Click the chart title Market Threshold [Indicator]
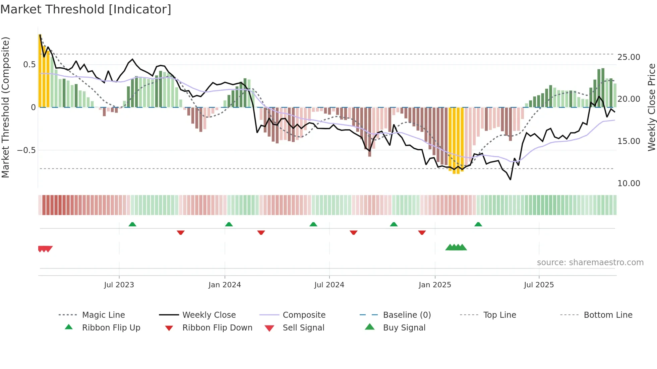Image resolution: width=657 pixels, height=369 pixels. (x=86, y=9)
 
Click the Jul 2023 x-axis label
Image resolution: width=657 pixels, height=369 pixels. (x=119, y=285)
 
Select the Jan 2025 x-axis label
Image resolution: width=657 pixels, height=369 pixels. (x=435, y=285)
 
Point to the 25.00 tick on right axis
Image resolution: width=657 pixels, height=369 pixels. (x=629, y=57)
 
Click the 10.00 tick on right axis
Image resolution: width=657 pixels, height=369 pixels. (x=629, y=183)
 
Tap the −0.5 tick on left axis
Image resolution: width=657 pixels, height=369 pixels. (x=26, y=150)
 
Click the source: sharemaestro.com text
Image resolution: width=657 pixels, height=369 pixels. (x=590, y=263)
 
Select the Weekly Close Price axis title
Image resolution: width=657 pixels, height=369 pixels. (x=651, y=107)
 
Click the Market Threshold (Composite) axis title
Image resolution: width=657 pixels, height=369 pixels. (x=5, y=107)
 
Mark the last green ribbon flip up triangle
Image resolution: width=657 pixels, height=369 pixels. (x=478, y=224)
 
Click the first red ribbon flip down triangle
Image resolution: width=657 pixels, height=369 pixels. (x=181, y=232)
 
